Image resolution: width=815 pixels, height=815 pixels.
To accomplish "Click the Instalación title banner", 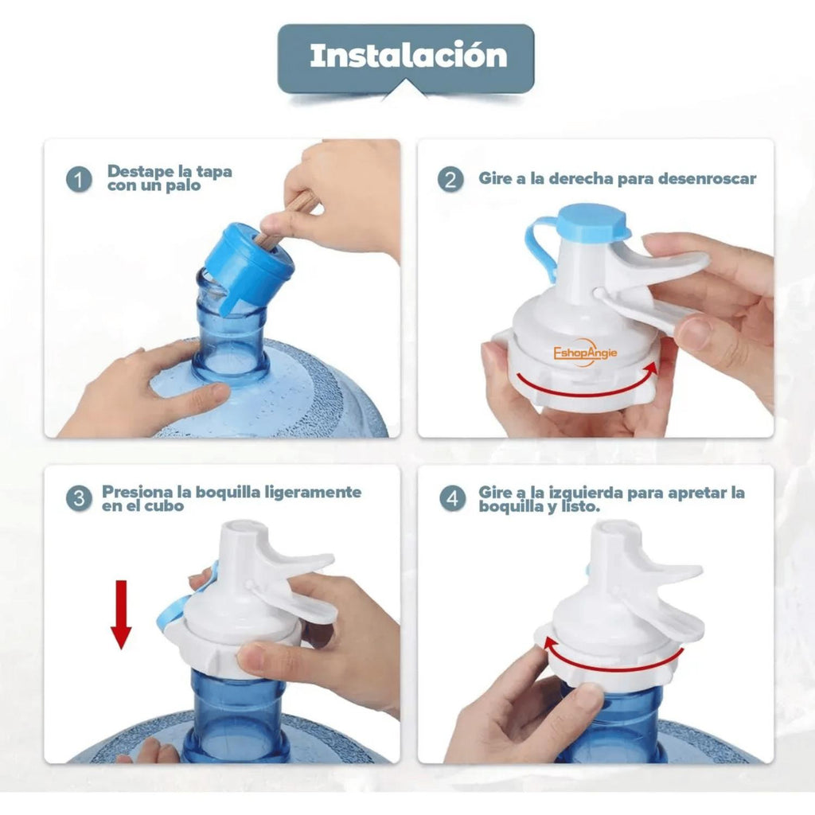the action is pyautogui.click(x=406, y=59).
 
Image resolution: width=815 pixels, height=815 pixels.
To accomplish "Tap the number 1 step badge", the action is pyautogui.click(x=79, y=179).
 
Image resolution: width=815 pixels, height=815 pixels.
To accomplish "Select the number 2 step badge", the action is pyautogui.click(x=450, y=179).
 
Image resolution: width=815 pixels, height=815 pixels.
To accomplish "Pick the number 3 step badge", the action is pyautogui.click(x=79, y=498).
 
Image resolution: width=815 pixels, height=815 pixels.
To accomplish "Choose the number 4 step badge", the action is pyautogui.click(x=453, y=498).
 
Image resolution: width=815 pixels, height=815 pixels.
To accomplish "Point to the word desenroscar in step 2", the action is pyautogui.click(x=707, y=178).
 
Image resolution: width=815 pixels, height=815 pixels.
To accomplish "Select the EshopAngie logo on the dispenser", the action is pyautogui.click(x=585, y=353).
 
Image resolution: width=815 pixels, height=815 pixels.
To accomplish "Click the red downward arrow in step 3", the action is pyautogui.click(x=121, y=614).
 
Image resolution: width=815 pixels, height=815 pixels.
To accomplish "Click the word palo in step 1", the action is pyautogui.click(x=184, y=186).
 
